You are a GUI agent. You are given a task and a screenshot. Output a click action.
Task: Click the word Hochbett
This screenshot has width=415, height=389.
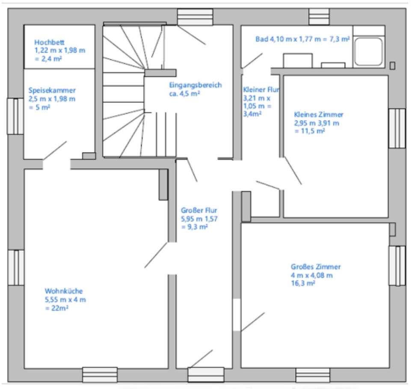[x=49, y=42]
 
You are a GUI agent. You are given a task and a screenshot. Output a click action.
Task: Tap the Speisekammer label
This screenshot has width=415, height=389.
[x=52, y=90]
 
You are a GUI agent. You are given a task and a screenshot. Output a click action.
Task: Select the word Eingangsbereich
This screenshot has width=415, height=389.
[x=196, y=85]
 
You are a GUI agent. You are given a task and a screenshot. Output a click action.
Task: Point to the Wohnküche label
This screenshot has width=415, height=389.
[x=63, y=291]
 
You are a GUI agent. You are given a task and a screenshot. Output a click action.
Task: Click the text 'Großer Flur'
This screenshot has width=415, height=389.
[x=199, y=210]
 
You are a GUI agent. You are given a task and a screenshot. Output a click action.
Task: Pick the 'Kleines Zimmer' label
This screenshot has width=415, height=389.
[x=318, y=115]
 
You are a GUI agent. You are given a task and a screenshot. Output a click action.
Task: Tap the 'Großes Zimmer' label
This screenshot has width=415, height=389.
[x=315, y=267]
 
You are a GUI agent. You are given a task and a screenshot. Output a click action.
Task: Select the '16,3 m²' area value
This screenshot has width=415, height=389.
[x=303, y=283]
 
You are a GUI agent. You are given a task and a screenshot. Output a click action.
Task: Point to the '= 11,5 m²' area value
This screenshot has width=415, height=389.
[x=309, y=131]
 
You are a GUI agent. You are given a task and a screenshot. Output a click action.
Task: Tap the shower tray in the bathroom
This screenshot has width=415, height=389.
[x=369, y=51]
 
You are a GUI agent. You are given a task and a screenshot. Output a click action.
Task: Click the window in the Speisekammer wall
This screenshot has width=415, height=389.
[x=15, y=116]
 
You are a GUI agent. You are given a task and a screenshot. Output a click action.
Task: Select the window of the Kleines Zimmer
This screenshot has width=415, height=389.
[x=397, y=128]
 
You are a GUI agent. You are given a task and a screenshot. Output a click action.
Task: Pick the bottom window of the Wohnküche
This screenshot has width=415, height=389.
[x=100, y=375]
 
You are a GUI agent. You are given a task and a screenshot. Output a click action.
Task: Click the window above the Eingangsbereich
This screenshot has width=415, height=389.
[x=195, y=17]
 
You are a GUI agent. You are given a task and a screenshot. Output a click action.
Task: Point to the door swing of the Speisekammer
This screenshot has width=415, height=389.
[x=55, y=150]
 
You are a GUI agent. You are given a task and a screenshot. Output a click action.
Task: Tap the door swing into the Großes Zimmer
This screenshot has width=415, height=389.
[x=253, y=322]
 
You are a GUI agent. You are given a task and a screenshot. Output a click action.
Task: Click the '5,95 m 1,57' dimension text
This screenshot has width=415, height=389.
[x=199, y=219]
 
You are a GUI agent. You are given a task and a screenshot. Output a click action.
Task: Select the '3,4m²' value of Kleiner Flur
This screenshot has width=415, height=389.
[x=252, y=114]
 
